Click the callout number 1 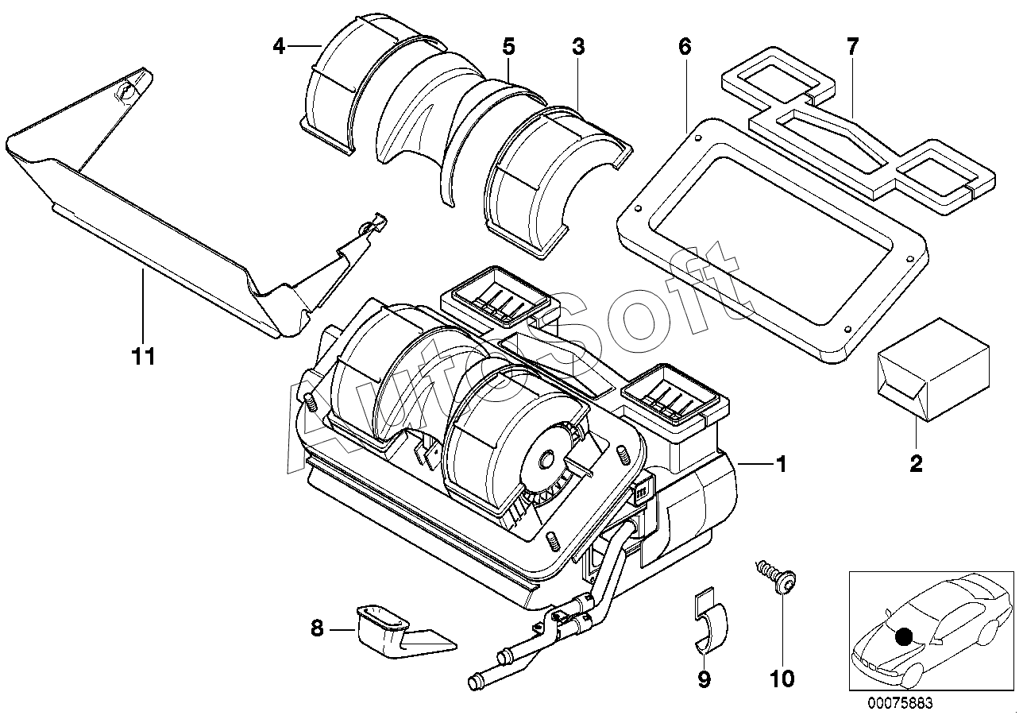[x=782, y=464]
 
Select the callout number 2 [x=916, y=463]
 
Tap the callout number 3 [x=578, y=46]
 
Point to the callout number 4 [x=279, y=46]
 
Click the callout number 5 [x=509, y=46]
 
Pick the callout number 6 [x=685, y=46]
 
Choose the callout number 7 [x=853, y=46]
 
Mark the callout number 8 [x=317, y=628]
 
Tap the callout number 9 [x=705, y=679]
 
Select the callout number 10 [x=782, y=679]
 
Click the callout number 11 [x=144, y=356]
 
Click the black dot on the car [x=904, y=636]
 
